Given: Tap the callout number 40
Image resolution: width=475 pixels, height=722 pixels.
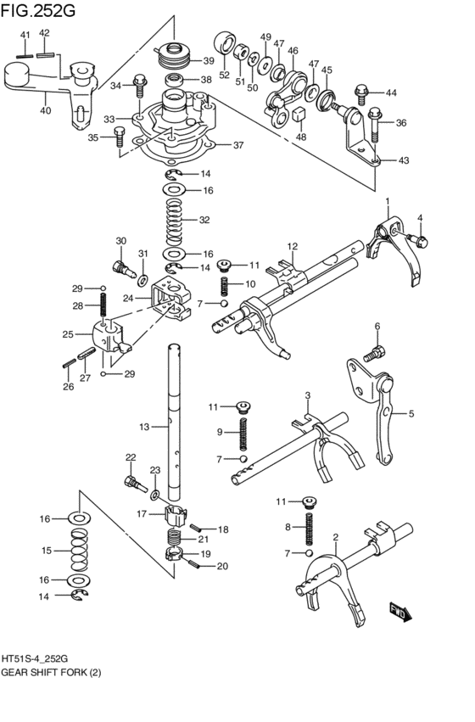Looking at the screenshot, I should [44, 109].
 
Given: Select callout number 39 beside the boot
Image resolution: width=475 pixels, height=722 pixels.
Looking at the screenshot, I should [208, 61].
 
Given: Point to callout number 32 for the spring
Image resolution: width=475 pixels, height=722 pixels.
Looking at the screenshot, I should [204, 221].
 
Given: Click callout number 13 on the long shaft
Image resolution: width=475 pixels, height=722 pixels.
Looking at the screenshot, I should [143, 427].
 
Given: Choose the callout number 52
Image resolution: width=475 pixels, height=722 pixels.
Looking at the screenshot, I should [225, 75].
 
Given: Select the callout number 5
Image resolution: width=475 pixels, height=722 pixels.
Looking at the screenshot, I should [411, 414].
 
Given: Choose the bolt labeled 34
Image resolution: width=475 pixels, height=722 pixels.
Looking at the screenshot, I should [140, 86].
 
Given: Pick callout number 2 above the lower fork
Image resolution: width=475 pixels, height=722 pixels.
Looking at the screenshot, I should [336, 537].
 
